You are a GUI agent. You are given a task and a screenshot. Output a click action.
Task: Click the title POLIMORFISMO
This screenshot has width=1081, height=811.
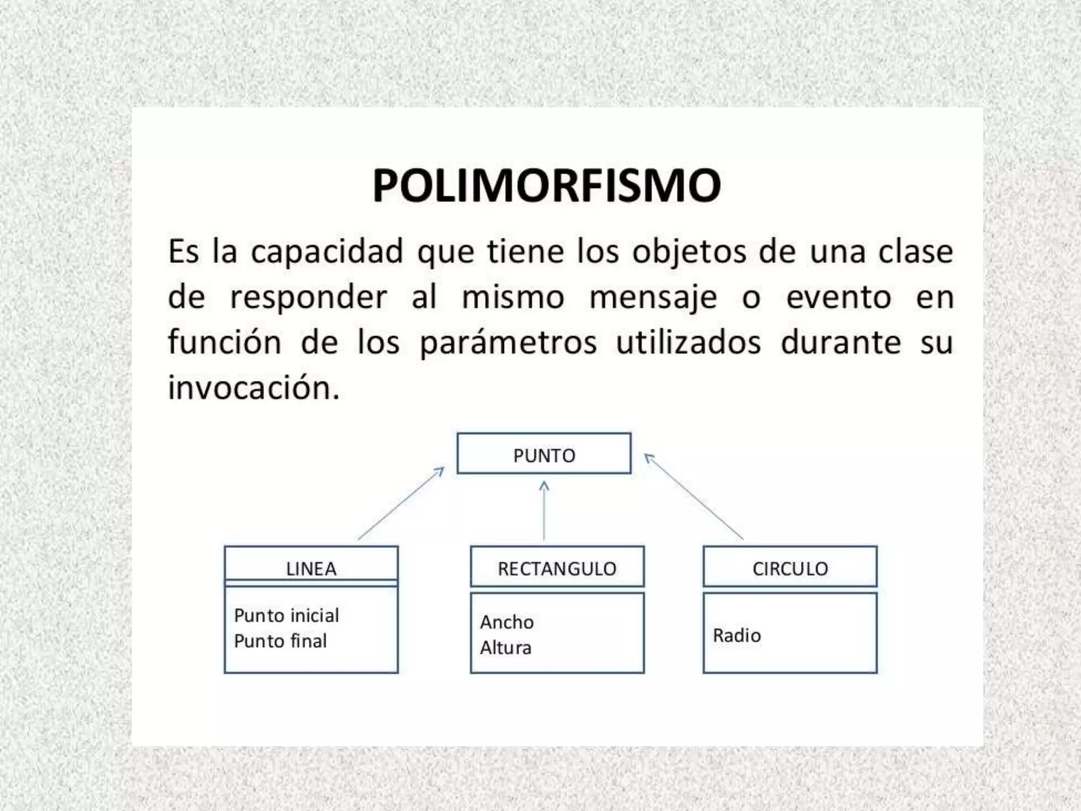tap(546, 185)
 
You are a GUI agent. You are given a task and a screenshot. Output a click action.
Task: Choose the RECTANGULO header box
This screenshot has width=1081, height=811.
tap(557, 568)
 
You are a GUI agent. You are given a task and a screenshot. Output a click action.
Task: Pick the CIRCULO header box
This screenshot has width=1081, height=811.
tap(790, 568)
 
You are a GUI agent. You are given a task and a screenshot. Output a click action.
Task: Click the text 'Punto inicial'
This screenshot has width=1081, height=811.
tap(286, 615)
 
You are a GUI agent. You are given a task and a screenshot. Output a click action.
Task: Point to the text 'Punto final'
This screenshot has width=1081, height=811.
tap(280, 641)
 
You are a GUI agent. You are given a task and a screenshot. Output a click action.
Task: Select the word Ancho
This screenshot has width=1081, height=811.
tap(507, 622)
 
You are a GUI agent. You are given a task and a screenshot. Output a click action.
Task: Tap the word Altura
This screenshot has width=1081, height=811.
tap(506, 647)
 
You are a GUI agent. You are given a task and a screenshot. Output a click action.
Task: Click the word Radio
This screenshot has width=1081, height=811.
tap(737, 635)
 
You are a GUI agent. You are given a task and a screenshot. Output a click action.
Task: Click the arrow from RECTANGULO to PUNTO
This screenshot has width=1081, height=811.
tap(544, 510)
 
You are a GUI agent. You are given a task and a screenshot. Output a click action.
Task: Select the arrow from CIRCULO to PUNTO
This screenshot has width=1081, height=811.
tap(694, 496)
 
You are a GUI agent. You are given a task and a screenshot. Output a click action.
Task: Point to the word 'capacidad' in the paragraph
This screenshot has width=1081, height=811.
tap(327, 252)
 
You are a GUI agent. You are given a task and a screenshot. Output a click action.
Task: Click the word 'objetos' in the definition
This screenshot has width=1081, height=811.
tap(689, 252)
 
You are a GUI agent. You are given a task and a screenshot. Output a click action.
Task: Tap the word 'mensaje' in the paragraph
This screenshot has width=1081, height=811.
tap(653, 297)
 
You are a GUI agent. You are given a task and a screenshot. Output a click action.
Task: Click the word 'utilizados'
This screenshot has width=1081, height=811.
tap(688, 342)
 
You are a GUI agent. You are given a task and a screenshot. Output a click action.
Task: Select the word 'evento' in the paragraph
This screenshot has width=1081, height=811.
tap(839, 297)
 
